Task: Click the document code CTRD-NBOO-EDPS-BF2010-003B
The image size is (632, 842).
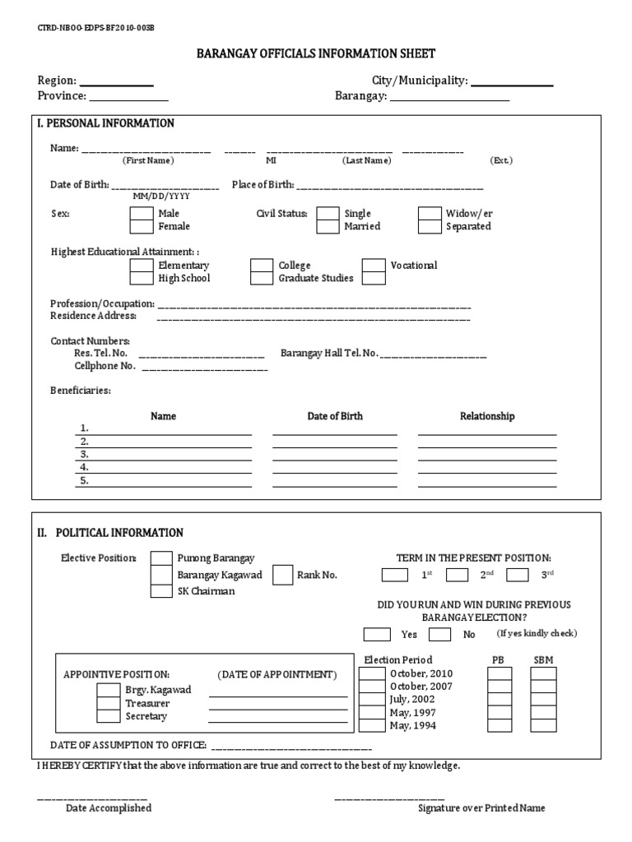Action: click(x=95, y=27)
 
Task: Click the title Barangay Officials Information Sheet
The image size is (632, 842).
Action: click(x=315, y=53)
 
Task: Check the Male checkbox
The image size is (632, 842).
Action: click(x=142, y=214)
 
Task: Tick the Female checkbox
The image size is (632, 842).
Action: click(x=142, y=226)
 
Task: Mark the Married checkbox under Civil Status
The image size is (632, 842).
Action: click(x=328, y=226)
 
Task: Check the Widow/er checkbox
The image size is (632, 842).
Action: click(x=430, y=214)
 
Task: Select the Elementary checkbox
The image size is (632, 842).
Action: click(x=142, y=266)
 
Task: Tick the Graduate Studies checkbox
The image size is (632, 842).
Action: click(x=262, y=278)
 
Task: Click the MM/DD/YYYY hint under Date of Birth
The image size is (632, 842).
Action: click(x=161, y=197)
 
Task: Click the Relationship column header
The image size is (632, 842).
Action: click(x=486, y=416)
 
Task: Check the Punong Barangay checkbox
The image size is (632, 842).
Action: click(x=161, y=559)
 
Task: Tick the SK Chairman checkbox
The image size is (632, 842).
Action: click(x=161, y=591)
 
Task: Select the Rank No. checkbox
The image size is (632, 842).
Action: click(x=283, y=575)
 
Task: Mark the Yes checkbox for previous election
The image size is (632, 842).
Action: click(x=377, y=634)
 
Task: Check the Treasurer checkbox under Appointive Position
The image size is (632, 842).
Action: click(x=108, y=703)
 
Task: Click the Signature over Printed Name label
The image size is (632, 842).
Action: click(x=481, y=808)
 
